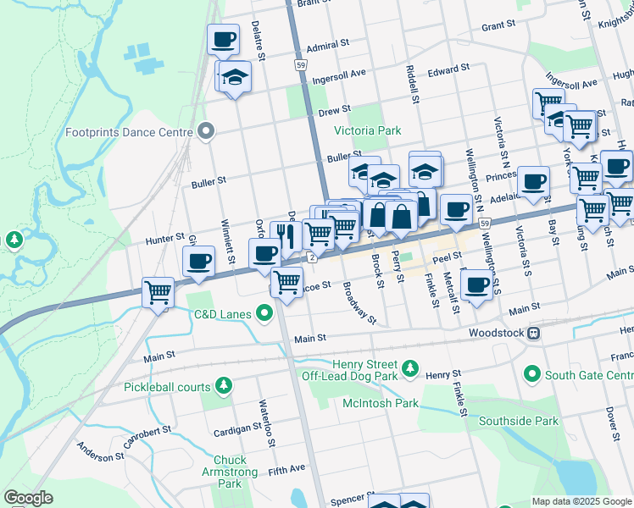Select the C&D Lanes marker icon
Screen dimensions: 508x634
[264, 315]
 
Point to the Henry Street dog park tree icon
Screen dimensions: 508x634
[410, 367]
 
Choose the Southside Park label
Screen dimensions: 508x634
[518, 421]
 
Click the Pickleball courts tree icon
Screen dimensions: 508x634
[224, 387]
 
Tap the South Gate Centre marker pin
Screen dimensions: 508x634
[532, 373]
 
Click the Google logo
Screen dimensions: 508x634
[28, 498]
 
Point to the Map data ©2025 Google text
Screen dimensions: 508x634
[581, 501]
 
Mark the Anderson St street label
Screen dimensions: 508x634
[100, 452]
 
